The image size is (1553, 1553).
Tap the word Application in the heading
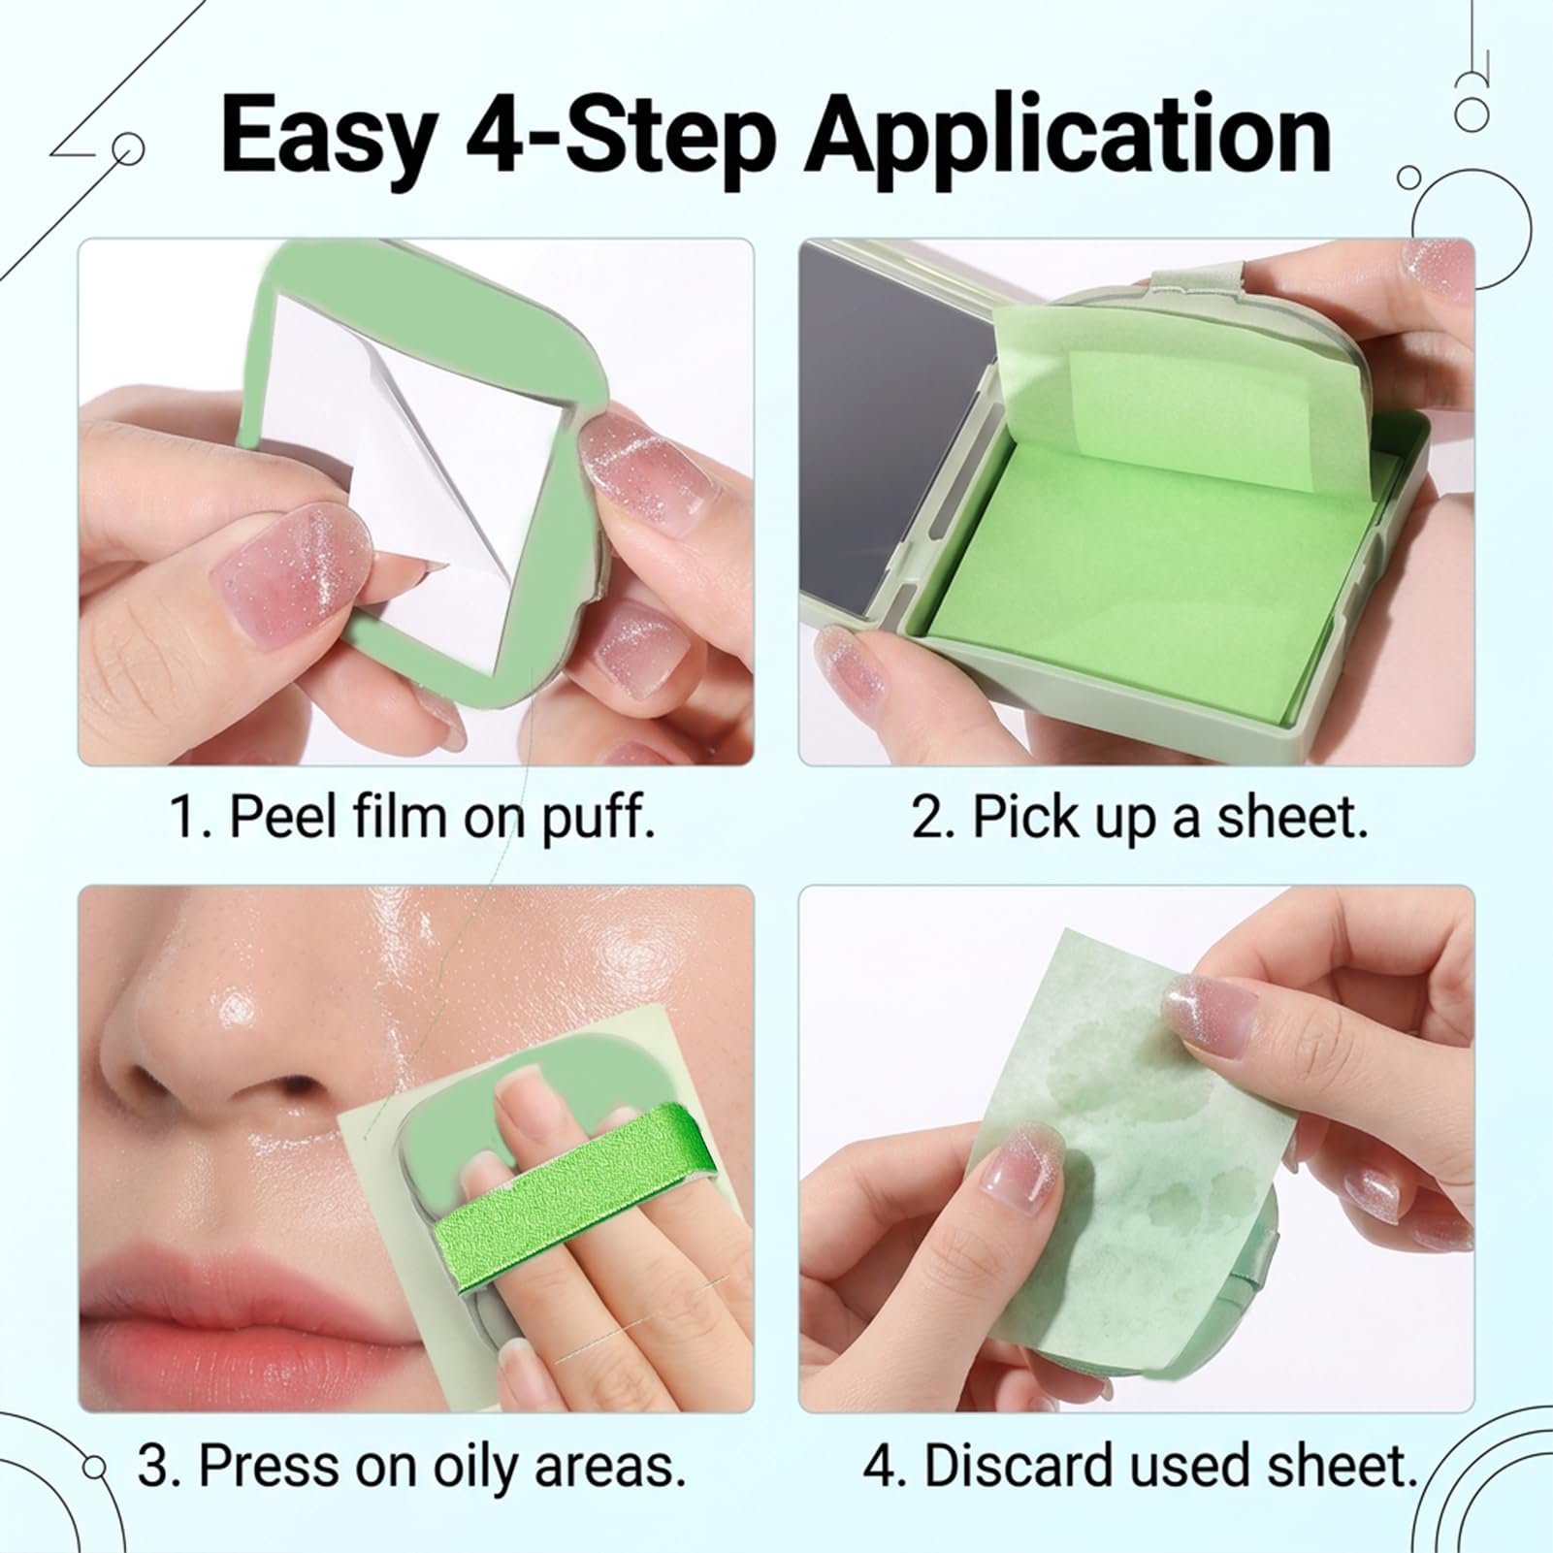point(1069,137)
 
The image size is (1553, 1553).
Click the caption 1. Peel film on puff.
point(412,817)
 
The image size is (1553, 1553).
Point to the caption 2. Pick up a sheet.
point(1140,816)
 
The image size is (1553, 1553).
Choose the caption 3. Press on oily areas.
point(412,1465)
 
